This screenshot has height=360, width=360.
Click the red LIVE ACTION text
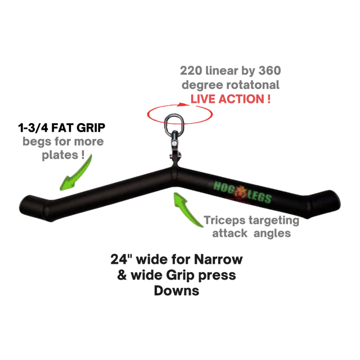click(x=231, y=98)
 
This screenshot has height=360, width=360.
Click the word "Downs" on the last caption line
click(x=177, y=292)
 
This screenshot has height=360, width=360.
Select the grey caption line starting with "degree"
click(x=231, y=85)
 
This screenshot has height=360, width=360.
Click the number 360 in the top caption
click(x=268, y=71)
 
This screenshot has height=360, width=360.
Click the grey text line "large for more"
click(x=63, y=141)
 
